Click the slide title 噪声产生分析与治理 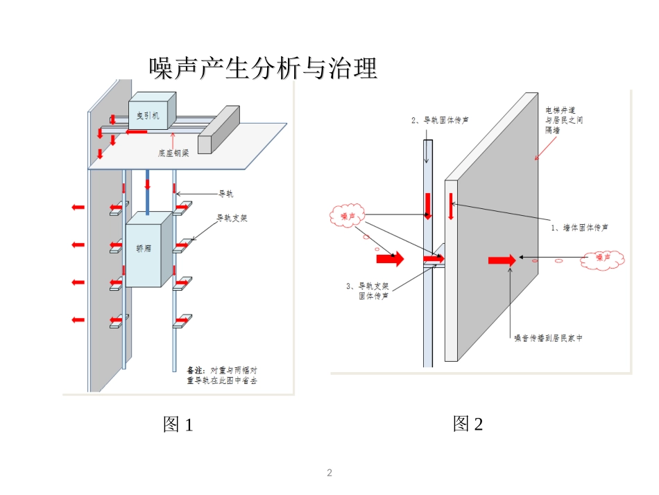click(x=263, y=68)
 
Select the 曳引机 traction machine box click(x=152, y=110)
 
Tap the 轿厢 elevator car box click(x=148, y=249)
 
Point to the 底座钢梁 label click(x=173, y=153)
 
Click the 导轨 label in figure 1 click(x=225, y=194)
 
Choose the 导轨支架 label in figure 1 click(x=232, y=218)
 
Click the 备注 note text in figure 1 click(x=222, y=375)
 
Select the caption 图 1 click(x=178, y=424)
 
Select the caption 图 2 click(x=468, y=423)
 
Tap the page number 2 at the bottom click(x=329, y=473)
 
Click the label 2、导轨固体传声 click(x=440, y=120)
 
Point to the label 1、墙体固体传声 click(x=579, y=228)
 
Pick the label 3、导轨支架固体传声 click(x=368, y=291)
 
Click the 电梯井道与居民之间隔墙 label click(x=564, y=120)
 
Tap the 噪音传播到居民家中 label click(x=549, y=338)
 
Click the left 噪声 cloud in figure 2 click(x=347, y=216)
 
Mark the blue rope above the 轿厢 click(x=147, y=192)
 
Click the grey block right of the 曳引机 click(x=219, y=130)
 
